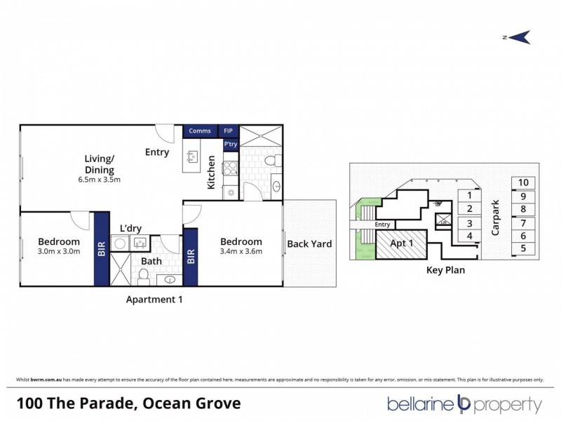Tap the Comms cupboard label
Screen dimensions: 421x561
(200, 131)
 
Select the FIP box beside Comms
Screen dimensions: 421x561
(229, 131)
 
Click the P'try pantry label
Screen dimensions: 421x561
(230, 145)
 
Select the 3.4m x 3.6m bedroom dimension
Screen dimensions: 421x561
(241, 253)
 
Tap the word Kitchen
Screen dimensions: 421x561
(211, 173)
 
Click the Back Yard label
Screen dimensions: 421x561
(309, 244)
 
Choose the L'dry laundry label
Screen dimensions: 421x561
(132, 229)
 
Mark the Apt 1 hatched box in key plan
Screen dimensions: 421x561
(401, 245)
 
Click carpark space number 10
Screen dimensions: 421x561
(523, 182)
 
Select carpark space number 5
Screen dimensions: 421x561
(523, 248)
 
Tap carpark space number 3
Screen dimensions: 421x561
(469, 222)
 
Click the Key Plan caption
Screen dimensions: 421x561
(446, 269)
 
